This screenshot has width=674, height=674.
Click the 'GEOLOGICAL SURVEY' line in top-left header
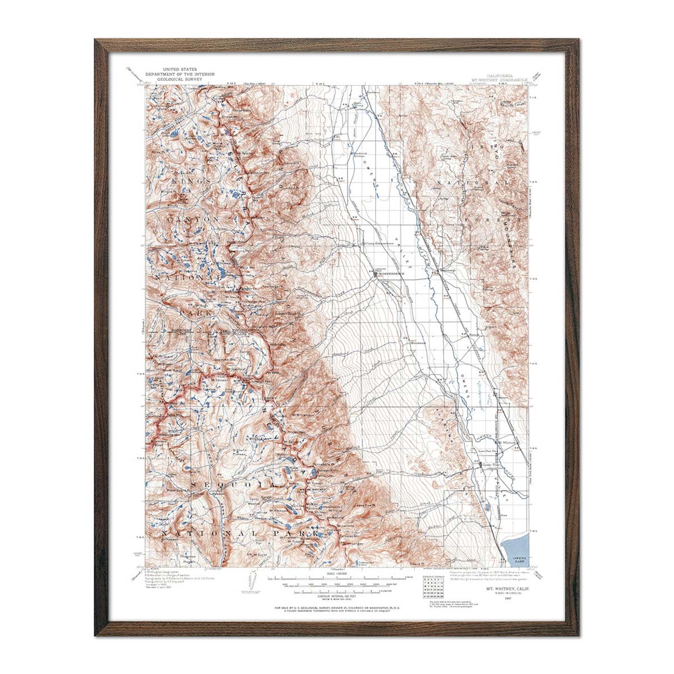pos(168,80)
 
